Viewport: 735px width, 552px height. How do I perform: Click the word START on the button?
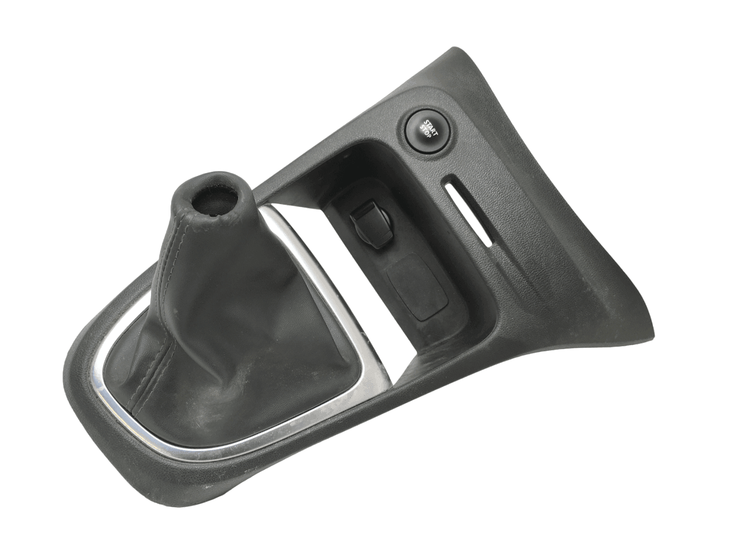pyautogui.click(x=430, y=125)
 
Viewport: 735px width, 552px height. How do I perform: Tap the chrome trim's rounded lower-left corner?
pyautogui.click(x=112, y=397)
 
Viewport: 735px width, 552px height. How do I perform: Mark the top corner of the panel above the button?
pyautogui.click(x=459, y=46)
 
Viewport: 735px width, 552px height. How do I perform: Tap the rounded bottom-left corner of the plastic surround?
pyautogui.click(x=80, y=402)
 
